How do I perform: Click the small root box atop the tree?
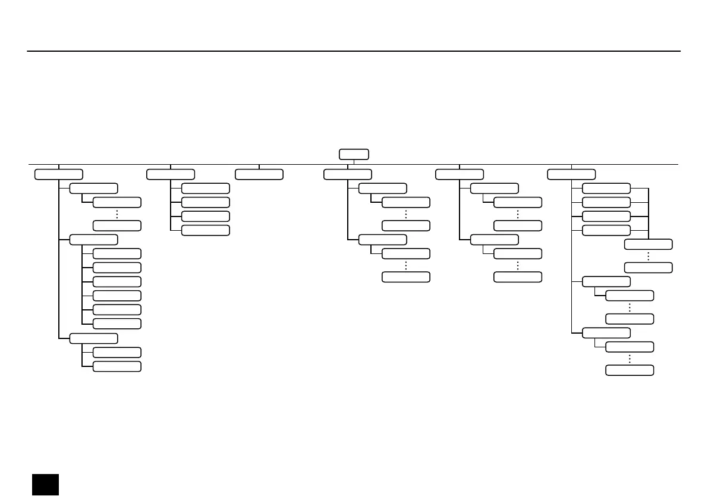[354, 154]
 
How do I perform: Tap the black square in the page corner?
[45, 484]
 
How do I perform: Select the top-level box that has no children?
[259, 174]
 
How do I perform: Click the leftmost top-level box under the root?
[58, 174]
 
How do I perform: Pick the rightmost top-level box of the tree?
[571, 174]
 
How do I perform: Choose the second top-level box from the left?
[171, 174]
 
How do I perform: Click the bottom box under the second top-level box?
[205, 230]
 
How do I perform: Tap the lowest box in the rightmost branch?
[630, 371]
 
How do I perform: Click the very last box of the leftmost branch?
[117, 366]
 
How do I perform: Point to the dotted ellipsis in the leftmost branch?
[117, 214]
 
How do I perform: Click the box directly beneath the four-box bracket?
[649, 244]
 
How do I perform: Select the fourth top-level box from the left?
[348, 174]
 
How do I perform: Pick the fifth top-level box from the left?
[459, 174]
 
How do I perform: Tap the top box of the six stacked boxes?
[117, 253]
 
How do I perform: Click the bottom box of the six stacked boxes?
[117, 324]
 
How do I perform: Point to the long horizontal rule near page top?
[354, 51]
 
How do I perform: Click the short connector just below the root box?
[354, 162]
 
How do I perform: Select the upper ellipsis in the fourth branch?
[405, 214]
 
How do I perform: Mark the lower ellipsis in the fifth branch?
[517, 265]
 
